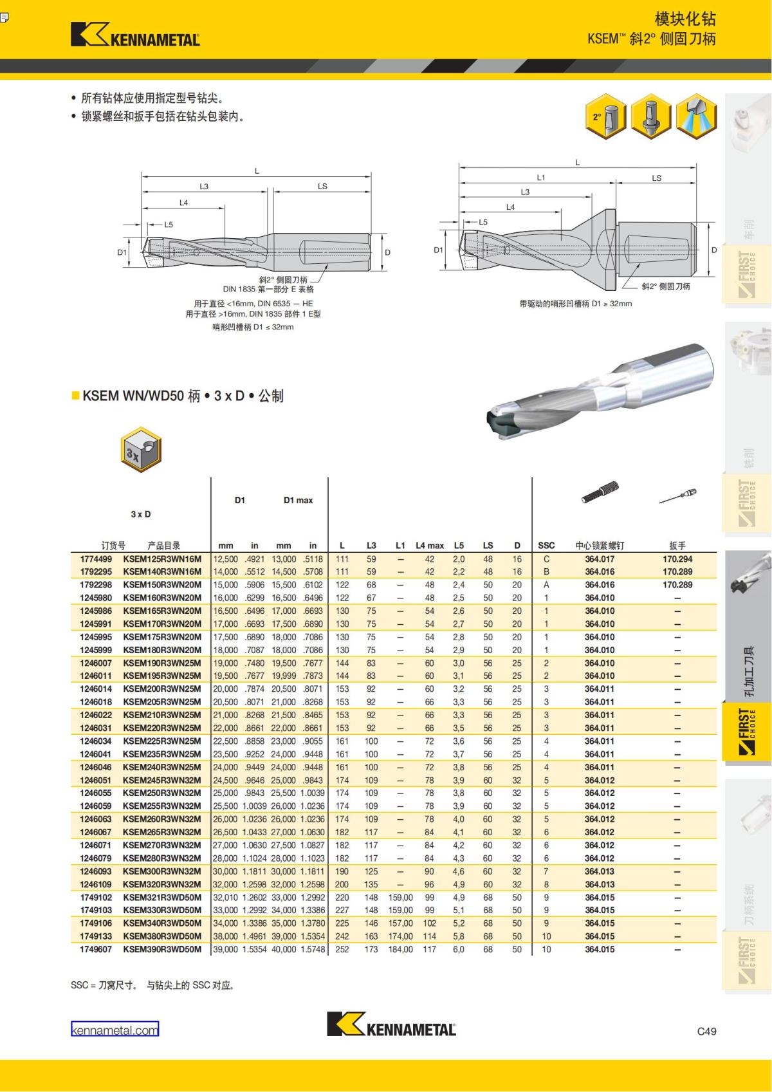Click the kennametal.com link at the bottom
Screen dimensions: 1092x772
tap(115, 1030)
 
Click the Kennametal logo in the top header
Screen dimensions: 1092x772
tap(135, 35)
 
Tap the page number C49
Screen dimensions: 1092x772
tap(706, 1031)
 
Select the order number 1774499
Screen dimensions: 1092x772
tap(96, 559)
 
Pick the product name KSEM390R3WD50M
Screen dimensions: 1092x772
tap(162, 949)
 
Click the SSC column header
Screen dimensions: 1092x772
tap(546, 545)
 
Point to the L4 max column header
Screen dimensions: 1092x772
tap(430, 545)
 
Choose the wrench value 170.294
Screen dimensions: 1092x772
tap(677, 559)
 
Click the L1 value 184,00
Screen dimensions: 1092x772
tap(400, 949)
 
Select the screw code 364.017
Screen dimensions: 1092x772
tap(600, 559)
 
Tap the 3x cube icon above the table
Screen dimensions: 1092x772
tap(141, 450)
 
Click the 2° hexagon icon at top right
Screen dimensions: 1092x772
tap(606, 116)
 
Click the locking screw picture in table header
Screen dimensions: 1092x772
tap(600, 493)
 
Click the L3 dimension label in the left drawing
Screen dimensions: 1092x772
tap(204, 187)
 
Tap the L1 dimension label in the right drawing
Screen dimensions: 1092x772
tap(540, 178)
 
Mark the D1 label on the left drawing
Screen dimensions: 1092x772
tap(122, 252)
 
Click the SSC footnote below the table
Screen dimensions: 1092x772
tap(152, 985)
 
